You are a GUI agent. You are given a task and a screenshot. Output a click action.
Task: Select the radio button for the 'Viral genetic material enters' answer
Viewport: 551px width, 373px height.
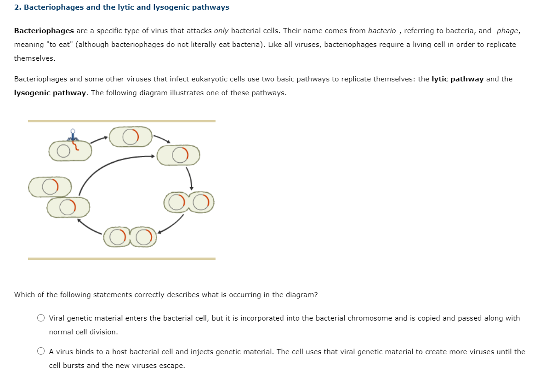click(x=41, y=318)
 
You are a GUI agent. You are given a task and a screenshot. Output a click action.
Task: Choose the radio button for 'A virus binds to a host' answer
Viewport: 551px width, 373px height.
click(x=41, y=352)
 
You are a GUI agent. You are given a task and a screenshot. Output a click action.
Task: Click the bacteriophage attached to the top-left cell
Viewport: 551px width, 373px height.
click(x=73, y=136)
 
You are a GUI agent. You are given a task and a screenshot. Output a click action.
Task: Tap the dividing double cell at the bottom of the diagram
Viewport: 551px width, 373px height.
click(x=130, y=237)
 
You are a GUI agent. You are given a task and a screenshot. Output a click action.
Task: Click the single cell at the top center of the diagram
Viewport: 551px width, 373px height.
click(x=131, y=137)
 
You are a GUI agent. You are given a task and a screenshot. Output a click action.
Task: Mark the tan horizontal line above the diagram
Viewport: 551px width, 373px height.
click(x=121, y=121)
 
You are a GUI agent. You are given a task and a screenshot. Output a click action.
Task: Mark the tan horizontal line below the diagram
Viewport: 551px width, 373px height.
click(x=121, y=258)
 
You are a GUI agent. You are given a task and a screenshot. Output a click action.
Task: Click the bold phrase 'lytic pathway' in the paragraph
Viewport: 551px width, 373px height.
click(x=457, y=79)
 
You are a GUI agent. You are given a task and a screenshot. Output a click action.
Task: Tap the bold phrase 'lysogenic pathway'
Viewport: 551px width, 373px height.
click(x=50, y=93)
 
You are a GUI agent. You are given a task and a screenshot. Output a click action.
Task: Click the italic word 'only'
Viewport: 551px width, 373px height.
click(x=222, y=31)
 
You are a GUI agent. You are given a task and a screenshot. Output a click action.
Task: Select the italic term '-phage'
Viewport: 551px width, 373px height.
click(x=506, y=31)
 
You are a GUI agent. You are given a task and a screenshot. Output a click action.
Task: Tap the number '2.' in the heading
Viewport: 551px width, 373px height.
click(x=17, y=7)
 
